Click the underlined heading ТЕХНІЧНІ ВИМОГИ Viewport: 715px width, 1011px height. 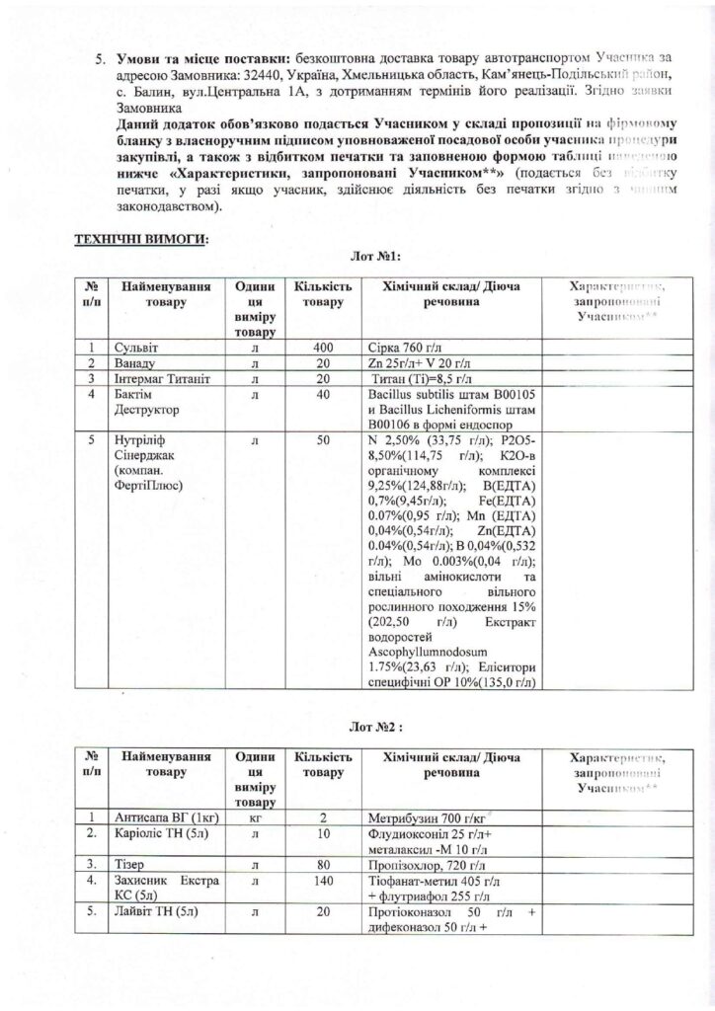click(141, 238)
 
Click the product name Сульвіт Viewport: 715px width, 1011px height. click(137, 349)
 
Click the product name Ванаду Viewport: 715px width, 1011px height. click(135, 363)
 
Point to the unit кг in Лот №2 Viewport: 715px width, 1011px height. click(255, 817)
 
